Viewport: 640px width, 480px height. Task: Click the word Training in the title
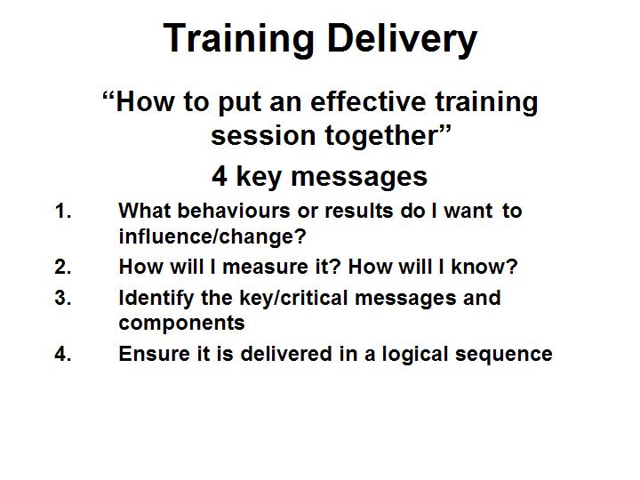238,39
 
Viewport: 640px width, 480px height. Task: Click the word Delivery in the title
402,39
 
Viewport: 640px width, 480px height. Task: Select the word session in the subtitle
263,135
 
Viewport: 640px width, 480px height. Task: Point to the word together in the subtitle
387,136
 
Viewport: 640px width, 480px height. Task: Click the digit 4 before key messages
220,176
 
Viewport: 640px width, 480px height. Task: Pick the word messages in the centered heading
359,179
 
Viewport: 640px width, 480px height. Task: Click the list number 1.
63,211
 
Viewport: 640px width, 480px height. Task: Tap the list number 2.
63,267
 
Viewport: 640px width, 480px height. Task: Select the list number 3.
63,298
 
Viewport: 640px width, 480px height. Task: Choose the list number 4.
63,354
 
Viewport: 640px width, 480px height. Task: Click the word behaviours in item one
234,211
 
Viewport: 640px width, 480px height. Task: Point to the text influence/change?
212,236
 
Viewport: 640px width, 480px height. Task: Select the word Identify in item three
156,299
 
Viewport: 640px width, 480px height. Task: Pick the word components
181,324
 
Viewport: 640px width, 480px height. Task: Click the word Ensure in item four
155,354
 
